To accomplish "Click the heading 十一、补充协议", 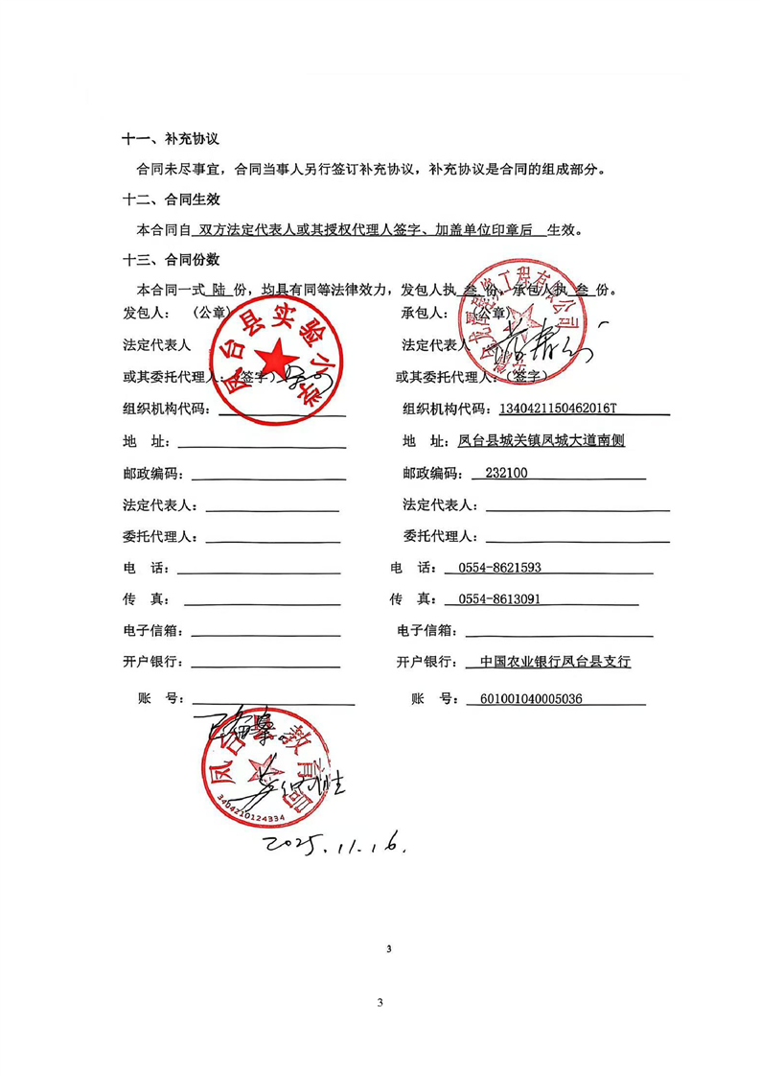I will [172, 140].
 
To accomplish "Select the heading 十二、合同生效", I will [172, 200].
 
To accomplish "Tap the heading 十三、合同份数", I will [172, 260].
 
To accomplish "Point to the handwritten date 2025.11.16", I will [337, 845].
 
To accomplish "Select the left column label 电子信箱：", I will [153, 631].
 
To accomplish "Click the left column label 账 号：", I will [161, 699].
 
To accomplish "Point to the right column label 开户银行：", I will [426, 662].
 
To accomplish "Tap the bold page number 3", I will [389, 949].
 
